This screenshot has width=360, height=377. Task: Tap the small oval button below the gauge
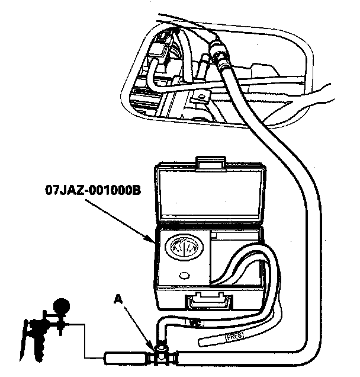coord(184,276)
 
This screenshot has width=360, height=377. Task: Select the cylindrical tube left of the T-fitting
coord(126,357)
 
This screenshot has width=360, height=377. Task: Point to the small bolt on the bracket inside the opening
coord(201,95)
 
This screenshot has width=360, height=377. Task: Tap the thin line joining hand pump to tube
coord(83,344)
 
